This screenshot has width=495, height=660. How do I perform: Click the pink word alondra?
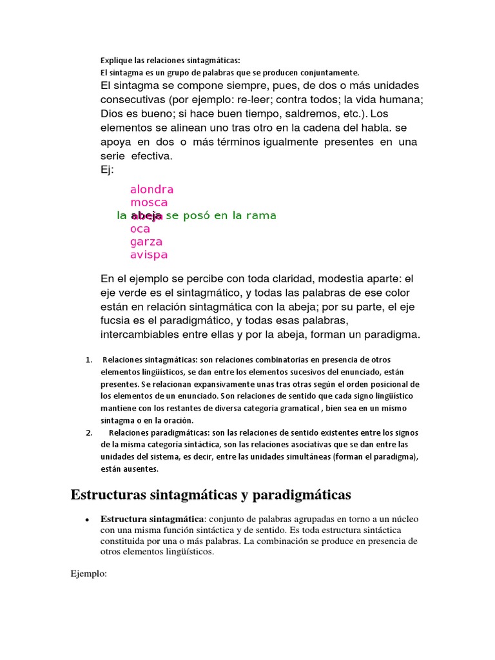[x=151, y=189]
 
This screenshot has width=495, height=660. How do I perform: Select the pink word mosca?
[x=148, y=202]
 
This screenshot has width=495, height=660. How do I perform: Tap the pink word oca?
[x=140, y=229]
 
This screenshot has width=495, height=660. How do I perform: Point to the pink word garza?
[x=146, y=242]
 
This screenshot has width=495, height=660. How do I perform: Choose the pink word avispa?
[x=148, y=255]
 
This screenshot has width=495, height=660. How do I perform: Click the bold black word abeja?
[x=146, y=216]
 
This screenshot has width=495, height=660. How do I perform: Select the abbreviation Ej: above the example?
[x=107, y=169]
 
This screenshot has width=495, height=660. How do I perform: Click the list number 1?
[x=88, y=359]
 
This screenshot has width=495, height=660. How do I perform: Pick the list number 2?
[x=88, y=432]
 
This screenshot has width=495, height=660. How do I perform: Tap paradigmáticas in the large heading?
[x=301, y=495]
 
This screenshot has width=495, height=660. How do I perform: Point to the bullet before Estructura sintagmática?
[x=86, y=519]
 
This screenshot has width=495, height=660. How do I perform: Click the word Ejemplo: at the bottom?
[x=88, y=572]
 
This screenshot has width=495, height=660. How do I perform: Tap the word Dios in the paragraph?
[x=112, y=113]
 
